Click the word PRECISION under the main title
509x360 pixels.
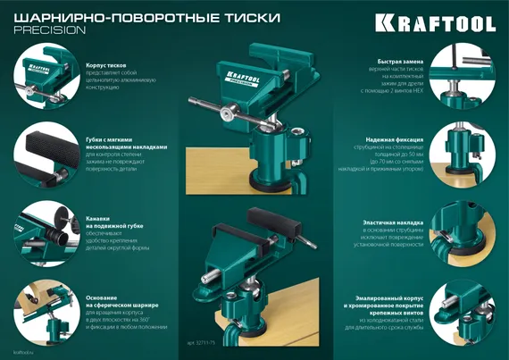click(x=51, y=29)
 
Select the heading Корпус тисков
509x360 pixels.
click(x=110, y=66)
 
